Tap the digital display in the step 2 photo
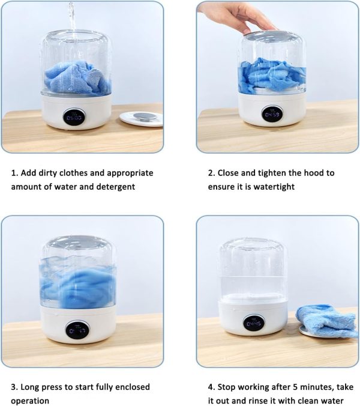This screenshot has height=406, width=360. [272, 114]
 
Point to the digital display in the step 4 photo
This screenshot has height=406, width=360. [254, 323]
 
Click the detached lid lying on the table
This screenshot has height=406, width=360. [141, 118]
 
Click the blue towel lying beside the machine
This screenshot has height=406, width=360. [326, 321]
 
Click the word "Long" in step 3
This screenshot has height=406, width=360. [30, 387]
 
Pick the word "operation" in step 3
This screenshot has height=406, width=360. [30, 401]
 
